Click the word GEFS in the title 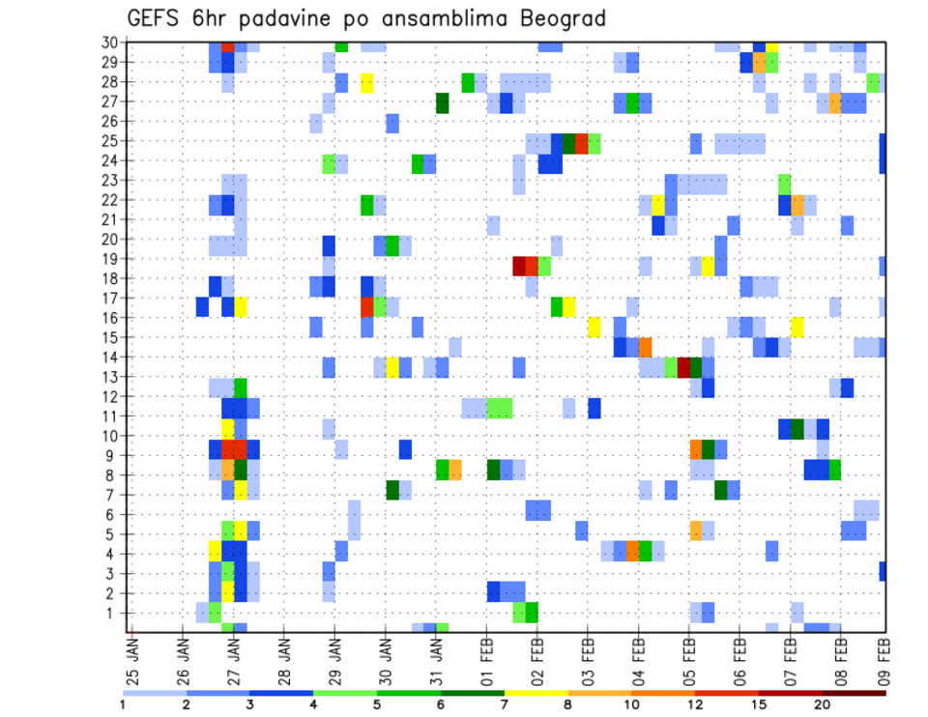pyautogui.click(x=159, y=19)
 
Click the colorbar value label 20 pyautogui.click(x=822, y=704)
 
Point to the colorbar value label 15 pyautogui.click(x=759, y=704)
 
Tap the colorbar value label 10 pyautogui.click(x=631, y=704)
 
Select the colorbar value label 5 pyautogui.click(x=377, y=704)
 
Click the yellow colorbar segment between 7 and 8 pyautogui.click(x=536, y=693)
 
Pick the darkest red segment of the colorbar pyautogui.click(x=855, y=693)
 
